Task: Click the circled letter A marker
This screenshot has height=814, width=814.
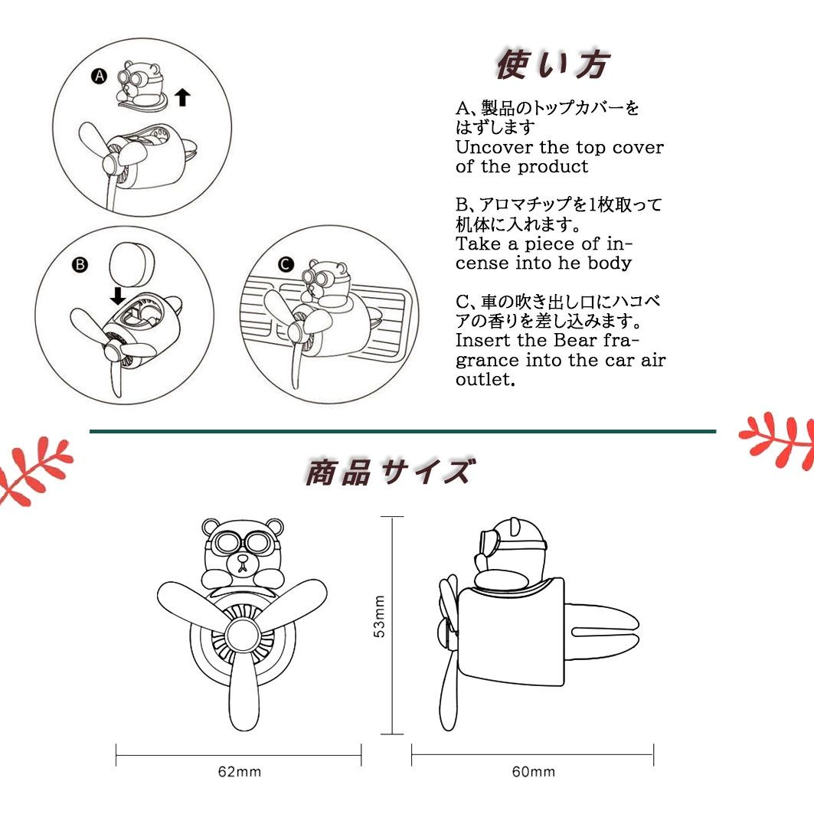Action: pos(99,77)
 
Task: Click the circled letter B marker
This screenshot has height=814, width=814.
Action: pos(80,265)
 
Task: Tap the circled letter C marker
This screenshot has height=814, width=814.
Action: pos(286,265)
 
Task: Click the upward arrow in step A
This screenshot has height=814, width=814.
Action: pos(182,97)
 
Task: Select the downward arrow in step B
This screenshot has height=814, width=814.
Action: pos(117,296)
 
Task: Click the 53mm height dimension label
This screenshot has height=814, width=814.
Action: pos(380,616)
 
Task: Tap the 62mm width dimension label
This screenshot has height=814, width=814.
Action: pos(240,771)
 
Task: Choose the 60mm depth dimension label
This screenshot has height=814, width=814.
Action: pos(534,771)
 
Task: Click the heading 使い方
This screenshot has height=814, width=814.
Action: pos(552,64)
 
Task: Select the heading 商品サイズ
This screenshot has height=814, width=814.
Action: pos(389,472)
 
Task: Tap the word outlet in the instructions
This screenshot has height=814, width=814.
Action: pos(485,380)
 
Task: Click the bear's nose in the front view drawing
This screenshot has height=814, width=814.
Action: pos(243,560)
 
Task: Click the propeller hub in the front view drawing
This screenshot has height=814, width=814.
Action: pos(243,636)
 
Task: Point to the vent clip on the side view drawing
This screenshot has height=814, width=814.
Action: pos(601,632)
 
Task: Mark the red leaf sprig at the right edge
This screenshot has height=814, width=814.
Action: pos(777,440)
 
